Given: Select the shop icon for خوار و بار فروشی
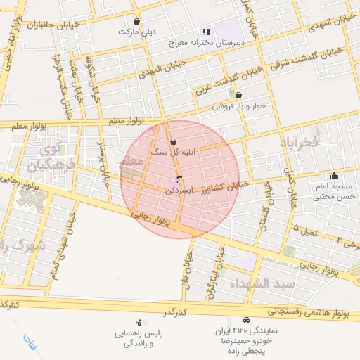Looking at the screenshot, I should click(238, 95).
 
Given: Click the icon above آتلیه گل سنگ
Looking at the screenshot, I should click(173, 141).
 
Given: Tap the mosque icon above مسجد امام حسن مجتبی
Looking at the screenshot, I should click(333, 176).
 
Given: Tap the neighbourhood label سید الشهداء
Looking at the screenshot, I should click(259, 283).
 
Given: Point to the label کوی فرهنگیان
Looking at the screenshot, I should click(44, 157).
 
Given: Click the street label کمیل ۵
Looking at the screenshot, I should click(305, 228).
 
